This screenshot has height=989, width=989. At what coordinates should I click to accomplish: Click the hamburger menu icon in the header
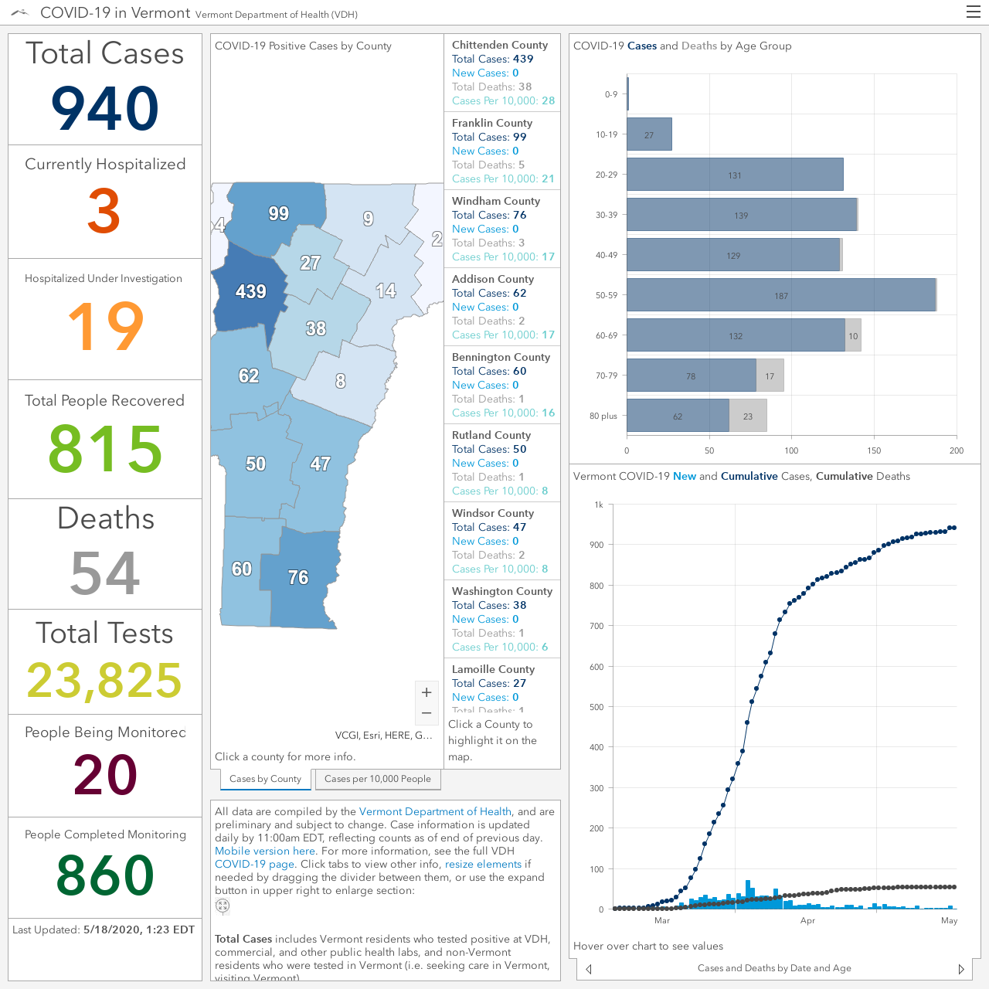point(973,12)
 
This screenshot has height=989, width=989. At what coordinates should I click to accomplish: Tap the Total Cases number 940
point(105,108)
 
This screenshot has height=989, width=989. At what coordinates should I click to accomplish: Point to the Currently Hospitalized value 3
point(104,211)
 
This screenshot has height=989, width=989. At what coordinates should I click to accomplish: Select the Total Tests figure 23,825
point(104,680)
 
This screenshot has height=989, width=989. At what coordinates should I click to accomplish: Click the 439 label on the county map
point(250,291)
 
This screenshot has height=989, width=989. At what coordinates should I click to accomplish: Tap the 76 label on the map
point(298,577)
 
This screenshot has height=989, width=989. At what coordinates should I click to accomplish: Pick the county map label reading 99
point(279,213)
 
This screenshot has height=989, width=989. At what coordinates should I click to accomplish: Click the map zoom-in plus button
point(427,692)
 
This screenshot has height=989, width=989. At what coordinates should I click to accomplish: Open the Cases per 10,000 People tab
point(378,779)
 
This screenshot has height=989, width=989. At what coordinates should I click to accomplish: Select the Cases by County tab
point(265,779)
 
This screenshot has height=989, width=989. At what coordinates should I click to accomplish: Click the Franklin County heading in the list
point(491,123)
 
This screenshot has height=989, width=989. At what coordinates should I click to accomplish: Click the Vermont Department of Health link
point(435,811)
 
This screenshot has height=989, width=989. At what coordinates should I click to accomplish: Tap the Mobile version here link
point(265,851)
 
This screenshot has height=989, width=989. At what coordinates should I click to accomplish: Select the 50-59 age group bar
point(781,295)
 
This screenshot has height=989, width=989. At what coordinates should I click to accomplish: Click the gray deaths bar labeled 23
point(748,416)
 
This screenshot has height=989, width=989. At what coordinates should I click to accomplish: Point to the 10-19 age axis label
point(606,134)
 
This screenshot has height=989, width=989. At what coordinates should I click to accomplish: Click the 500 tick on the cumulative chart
point(596,707)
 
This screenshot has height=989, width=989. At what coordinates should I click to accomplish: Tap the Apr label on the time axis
point(807,921)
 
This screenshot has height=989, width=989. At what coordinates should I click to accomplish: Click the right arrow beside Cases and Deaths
point(960,969)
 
